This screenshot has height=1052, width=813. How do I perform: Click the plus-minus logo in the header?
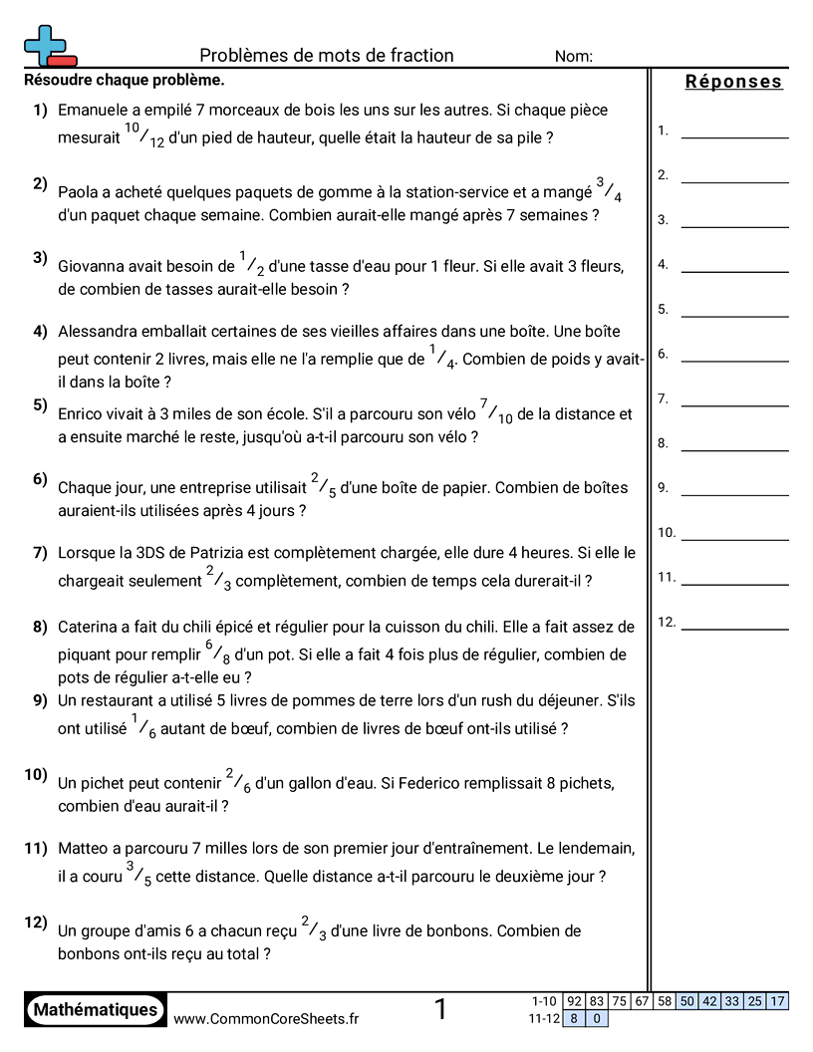point(49,47)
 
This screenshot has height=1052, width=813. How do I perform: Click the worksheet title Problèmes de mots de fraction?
point(326,56)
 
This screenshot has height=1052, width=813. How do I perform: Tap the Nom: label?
point(574,57)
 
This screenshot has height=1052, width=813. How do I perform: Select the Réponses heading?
point(733,82)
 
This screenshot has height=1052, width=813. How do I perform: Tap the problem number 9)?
point(40,699)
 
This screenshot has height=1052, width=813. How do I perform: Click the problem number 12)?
point(36,921)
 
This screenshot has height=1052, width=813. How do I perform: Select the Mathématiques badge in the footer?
point(96,1010)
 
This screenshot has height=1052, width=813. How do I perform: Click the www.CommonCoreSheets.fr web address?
point(266,1018)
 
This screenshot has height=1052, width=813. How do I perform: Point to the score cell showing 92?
point(574,1001)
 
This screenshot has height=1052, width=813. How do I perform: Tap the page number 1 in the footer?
point(440,1010)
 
